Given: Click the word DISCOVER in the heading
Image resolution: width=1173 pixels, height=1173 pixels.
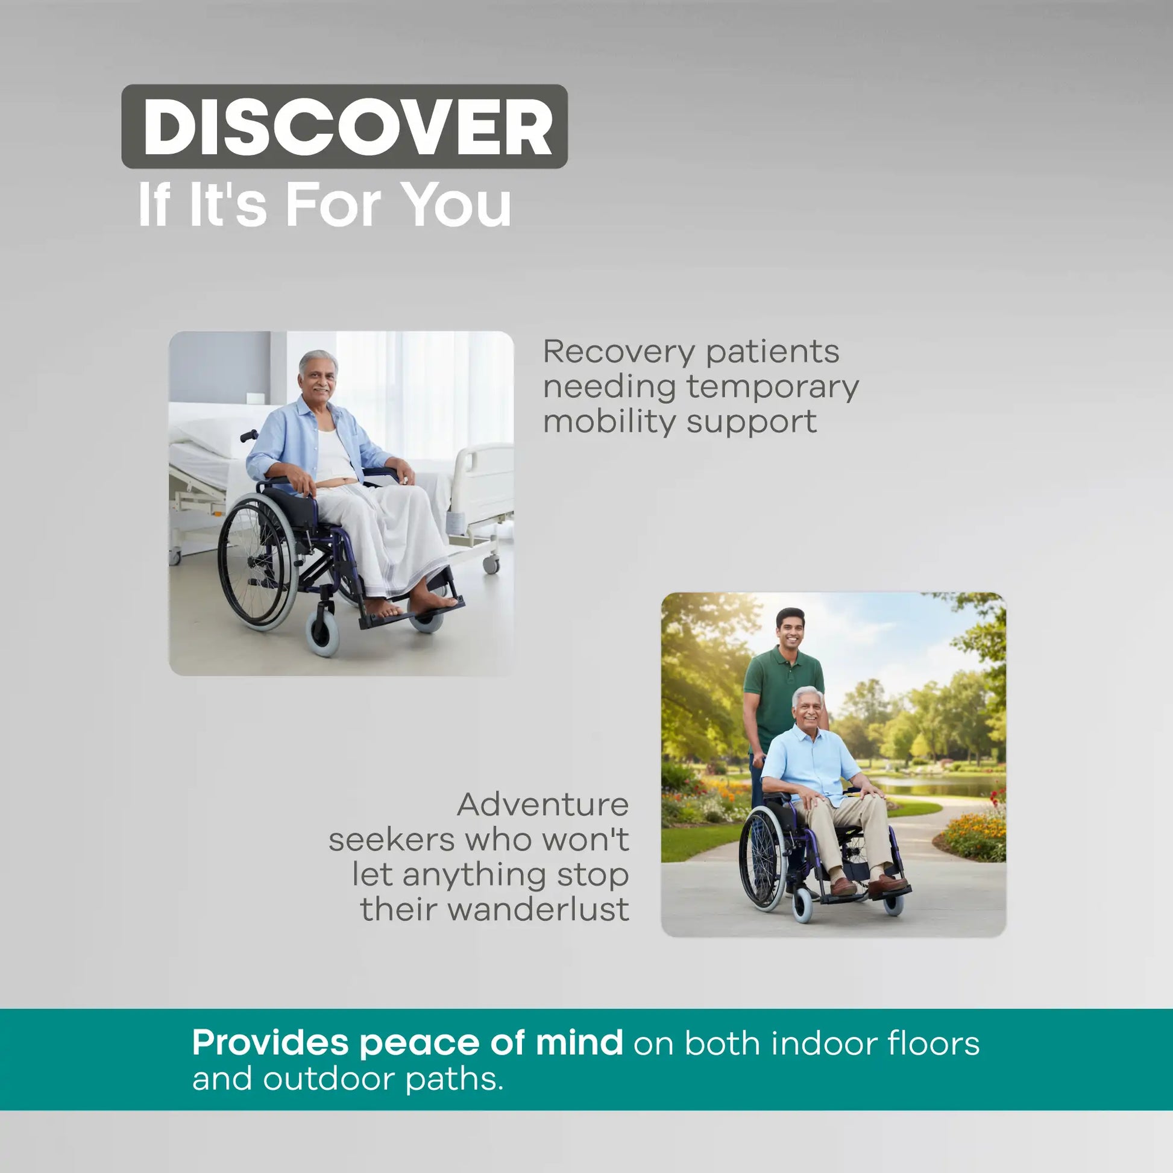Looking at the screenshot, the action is pos(347,127).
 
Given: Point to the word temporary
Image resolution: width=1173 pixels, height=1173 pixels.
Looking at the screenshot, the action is pos(773,388).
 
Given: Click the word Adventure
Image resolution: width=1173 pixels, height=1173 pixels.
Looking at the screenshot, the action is pos(542,805).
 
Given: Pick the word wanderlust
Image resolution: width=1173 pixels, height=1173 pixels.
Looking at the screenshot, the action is pos(538,910).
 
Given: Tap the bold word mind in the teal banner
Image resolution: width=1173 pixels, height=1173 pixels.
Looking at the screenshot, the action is pos(579,1042).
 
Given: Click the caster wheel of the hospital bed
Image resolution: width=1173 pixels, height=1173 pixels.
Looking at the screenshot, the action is pos(491,564).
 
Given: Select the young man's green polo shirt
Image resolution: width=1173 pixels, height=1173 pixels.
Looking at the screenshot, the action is pos(782,697).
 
